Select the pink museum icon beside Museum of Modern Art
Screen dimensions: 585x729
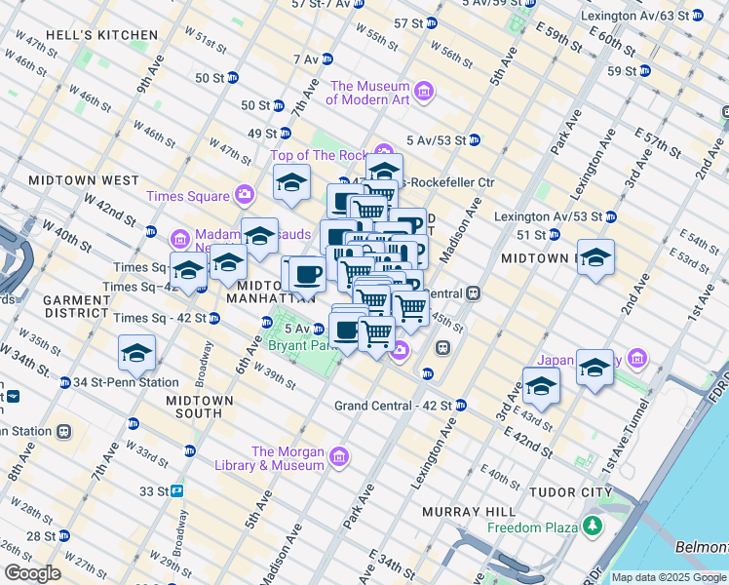coord(423,93)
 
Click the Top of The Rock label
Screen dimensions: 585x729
coord(317,155)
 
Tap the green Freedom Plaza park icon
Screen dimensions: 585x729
coord(591,528)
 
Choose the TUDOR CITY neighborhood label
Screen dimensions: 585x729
coord(567,492)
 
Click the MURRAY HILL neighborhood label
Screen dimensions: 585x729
coord(463,512)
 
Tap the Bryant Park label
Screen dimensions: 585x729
coord(296,347)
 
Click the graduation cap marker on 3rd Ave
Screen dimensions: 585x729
coord(541,386)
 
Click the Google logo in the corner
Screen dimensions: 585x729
coord(32,573)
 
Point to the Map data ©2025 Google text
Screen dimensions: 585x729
coord(668,577)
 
